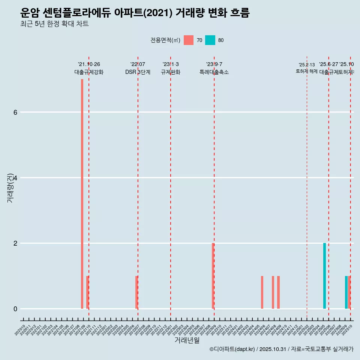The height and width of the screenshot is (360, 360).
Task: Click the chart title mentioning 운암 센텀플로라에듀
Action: point(135,13)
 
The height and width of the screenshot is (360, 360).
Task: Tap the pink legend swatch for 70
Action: point(189,40)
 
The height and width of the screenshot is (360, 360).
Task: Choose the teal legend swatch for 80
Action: point(210,40)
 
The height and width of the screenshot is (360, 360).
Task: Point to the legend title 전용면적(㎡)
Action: point(165,40)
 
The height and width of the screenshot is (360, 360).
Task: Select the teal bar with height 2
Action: point(324,276)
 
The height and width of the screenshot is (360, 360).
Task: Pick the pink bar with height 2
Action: point(213,276)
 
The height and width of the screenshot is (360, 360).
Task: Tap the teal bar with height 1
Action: point(346,292)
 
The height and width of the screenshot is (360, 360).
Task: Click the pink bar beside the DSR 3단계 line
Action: point(136,292)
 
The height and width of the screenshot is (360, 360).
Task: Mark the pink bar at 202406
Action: point(262,292)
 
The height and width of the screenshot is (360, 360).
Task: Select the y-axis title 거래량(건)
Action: point(10,187)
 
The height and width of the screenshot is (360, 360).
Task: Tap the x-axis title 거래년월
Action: point(187,340)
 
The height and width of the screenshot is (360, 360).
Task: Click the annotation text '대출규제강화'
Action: point(89,72)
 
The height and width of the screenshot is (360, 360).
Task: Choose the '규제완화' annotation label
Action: point(171,72)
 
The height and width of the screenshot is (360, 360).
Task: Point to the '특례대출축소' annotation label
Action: point(214,72)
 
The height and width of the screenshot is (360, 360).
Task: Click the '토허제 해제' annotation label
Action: point(306,71)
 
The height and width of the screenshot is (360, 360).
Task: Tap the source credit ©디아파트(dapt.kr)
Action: point(232,349)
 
